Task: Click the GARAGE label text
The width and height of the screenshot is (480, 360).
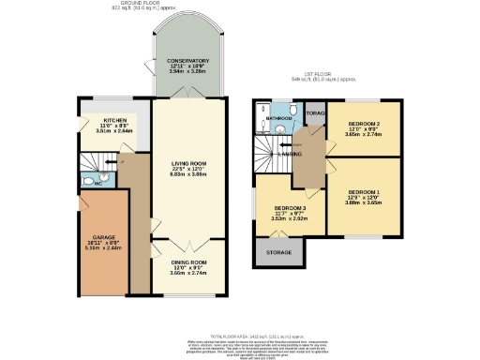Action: (103, 238)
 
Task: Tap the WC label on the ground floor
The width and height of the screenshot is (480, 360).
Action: (97, 184)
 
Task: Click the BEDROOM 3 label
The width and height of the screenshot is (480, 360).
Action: (290, 208)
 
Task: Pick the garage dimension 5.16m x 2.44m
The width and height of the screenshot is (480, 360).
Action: (103, 249)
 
